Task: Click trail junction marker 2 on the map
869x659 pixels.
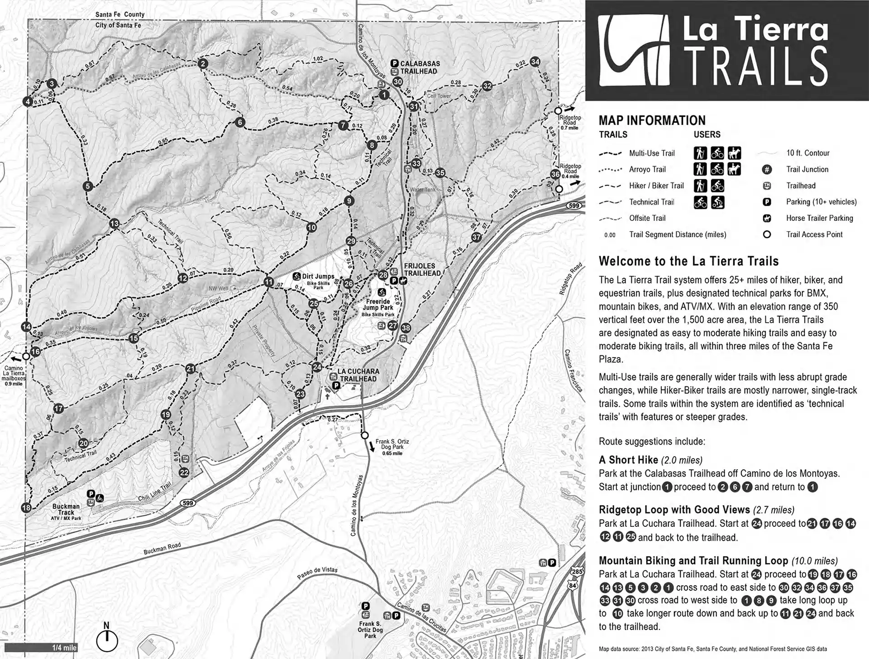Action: (x=203, y=64)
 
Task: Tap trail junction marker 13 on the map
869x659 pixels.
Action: (x=114, y=224)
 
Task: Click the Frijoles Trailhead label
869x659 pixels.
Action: (x=422, y=270)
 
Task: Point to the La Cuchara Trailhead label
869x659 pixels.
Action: (x=358, y=375)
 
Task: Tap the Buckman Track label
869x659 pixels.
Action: (x=66, y=509)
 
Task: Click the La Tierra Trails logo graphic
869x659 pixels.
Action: (x=634, y=51)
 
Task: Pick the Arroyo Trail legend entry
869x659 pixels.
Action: (x=647, y=169)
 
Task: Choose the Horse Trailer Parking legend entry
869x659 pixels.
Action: (x=819, y=218)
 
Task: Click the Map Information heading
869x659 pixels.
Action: (x=652, y=120)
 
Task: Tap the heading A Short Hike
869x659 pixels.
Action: (x=628, y=460)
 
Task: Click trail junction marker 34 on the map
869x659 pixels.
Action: (x=535, y=62)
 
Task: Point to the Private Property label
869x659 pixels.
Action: (x=263, y=340)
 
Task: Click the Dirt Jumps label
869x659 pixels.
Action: (x=318, y=277)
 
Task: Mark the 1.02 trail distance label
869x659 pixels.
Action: (x=318, y=59)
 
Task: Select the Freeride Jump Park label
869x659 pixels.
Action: (x=378, y=304)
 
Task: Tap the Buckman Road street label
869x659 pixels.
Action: (x=162, y=549)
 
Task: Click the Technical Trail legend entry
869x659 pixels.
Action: (x=651, y=202)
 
